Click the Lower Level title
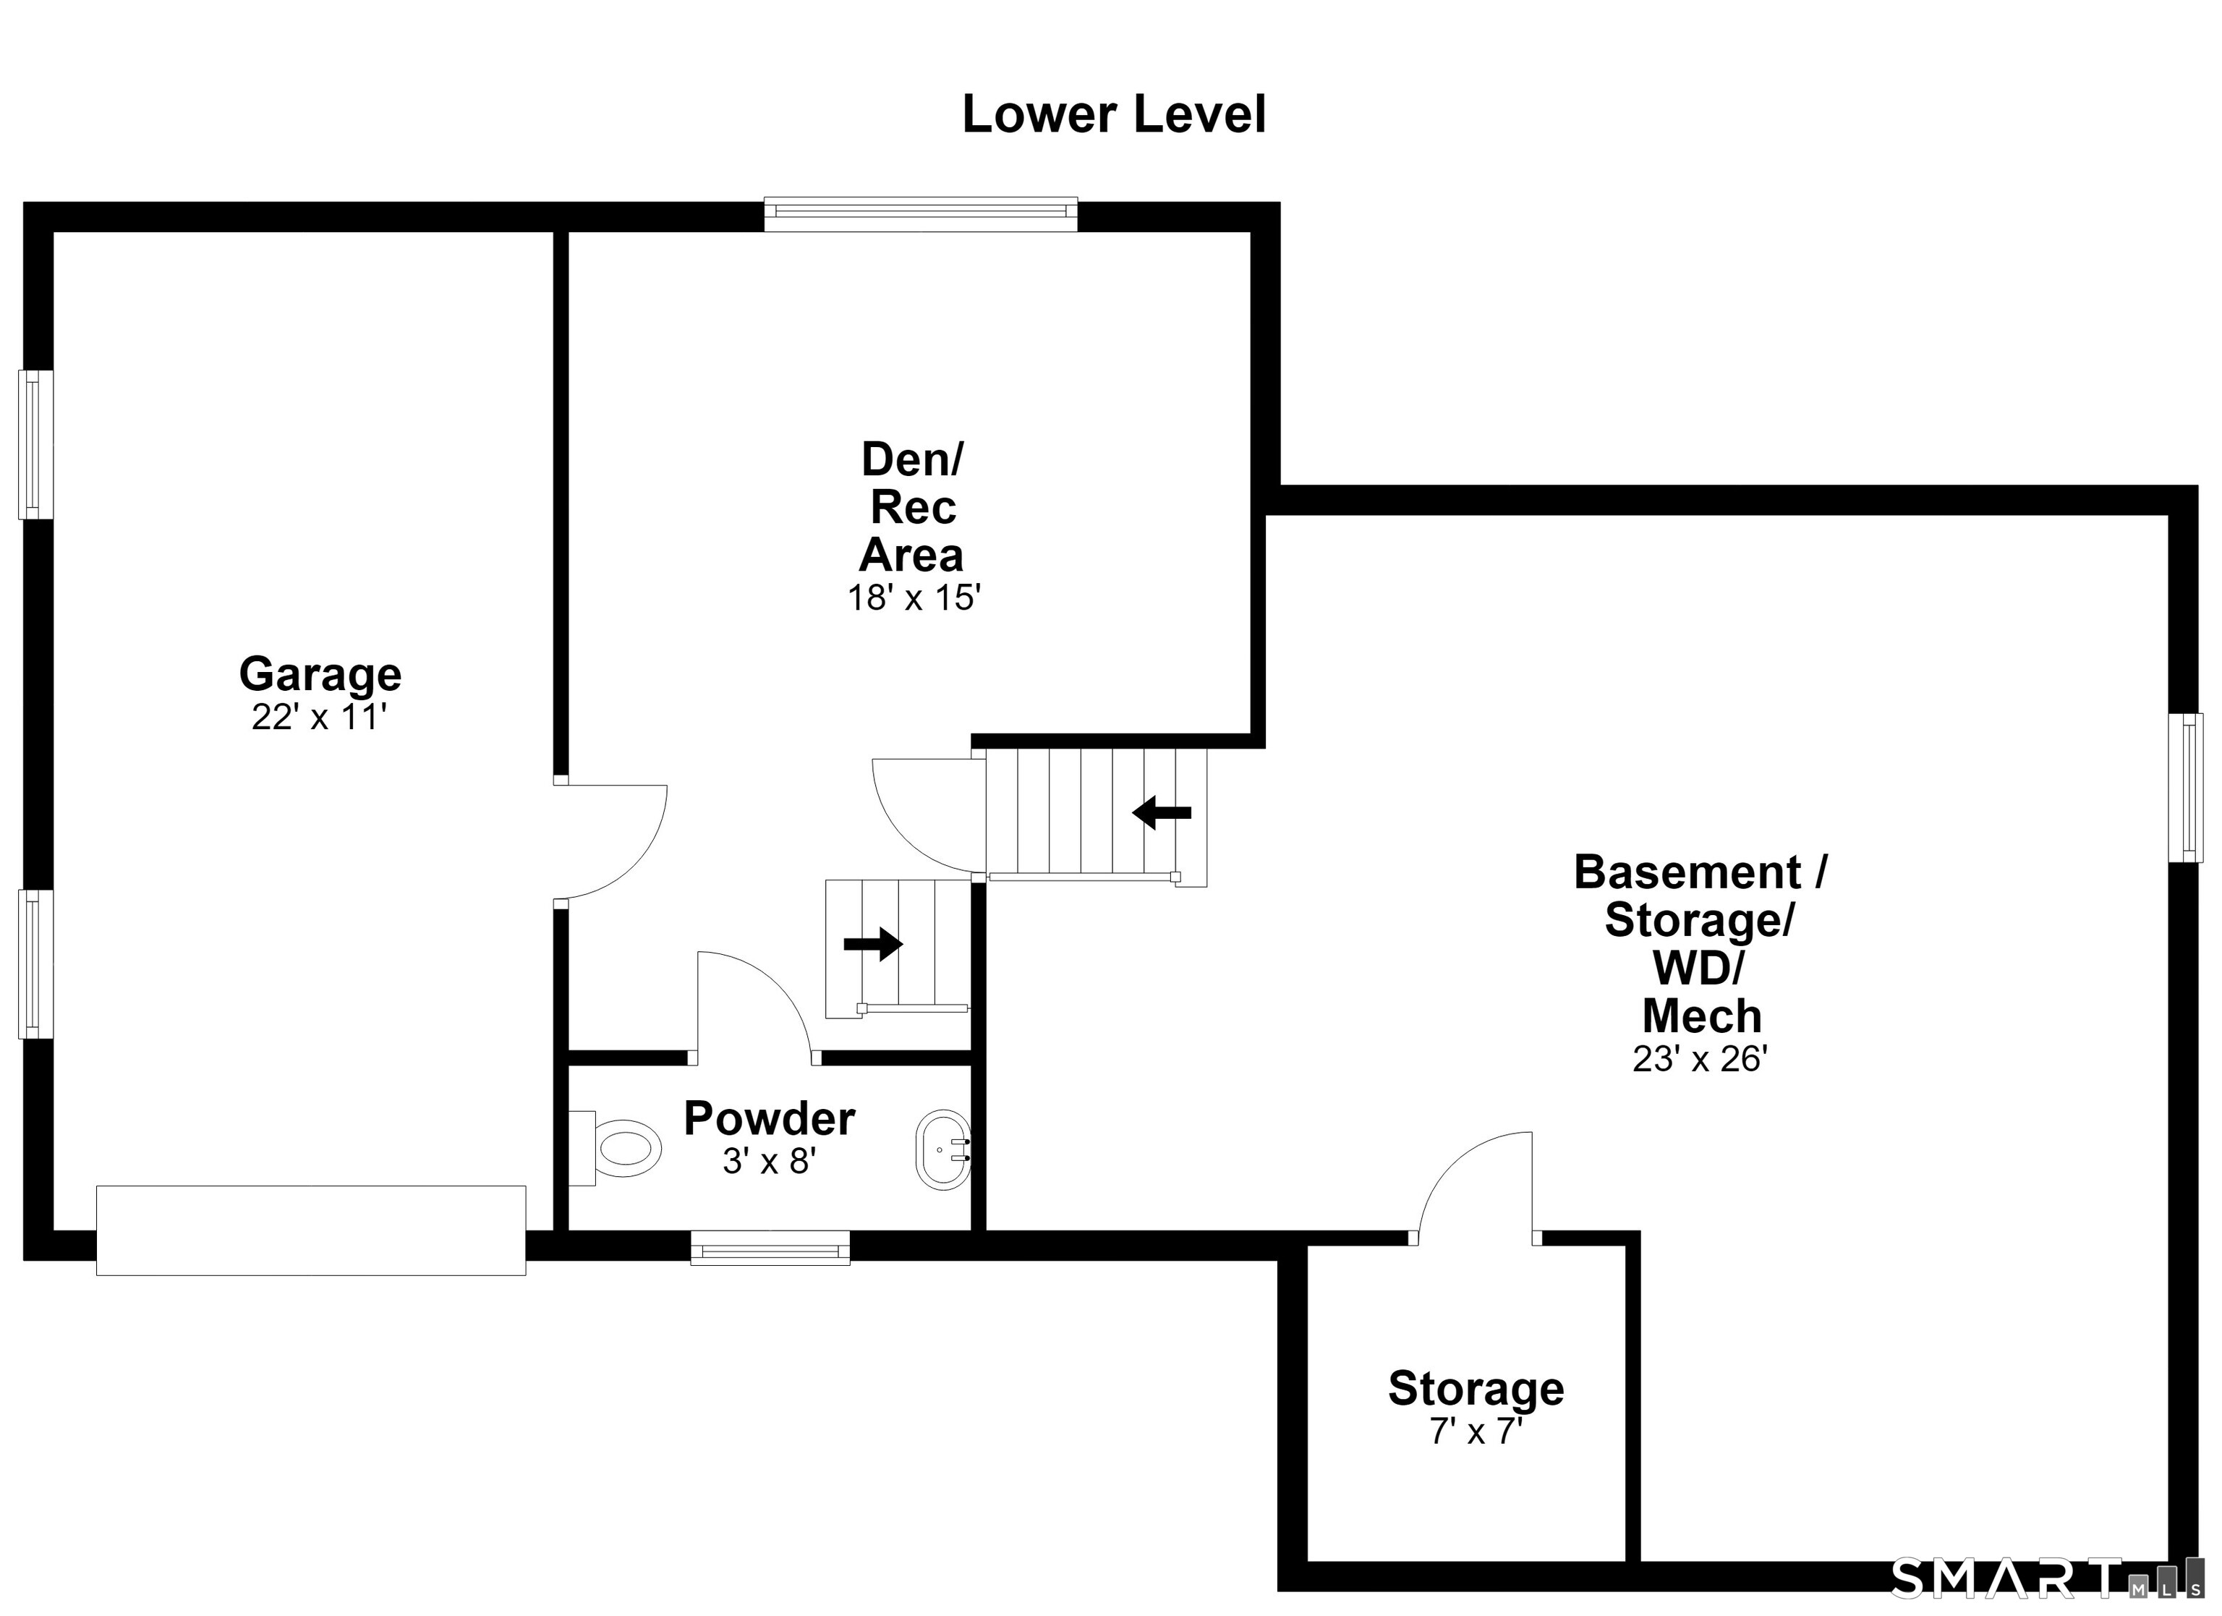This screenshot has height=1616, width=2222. point(1114,115)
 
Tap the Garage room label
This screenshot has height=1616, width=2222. point(320,674)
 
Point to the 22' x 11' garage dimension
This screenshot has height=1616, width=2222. point(320,718)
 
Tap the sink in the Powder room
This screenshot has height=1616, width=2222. point(942,1150)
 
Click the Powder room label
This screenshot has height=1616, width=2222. point(769,1118)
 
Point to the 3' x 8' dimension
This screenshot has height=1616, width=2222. point(769,1161)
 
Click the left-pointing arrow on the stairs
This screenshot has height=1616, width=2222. point(1162,812)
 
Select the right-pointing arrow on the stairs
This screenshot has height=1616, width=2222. point(873,944)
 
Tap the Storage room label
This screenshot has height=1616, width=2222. point(1476,1389)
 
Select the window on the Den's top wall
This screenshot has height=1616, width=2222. point(921,215)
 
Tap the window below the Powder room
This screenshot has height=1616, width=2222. point(770,1248)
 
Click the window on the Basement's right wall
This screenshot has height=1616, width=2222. point(2186,788)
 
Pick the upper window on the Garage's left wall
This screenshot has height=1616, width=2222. point(35,445)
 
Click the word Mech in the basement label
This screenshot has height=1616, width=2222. point(1702,1016)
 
